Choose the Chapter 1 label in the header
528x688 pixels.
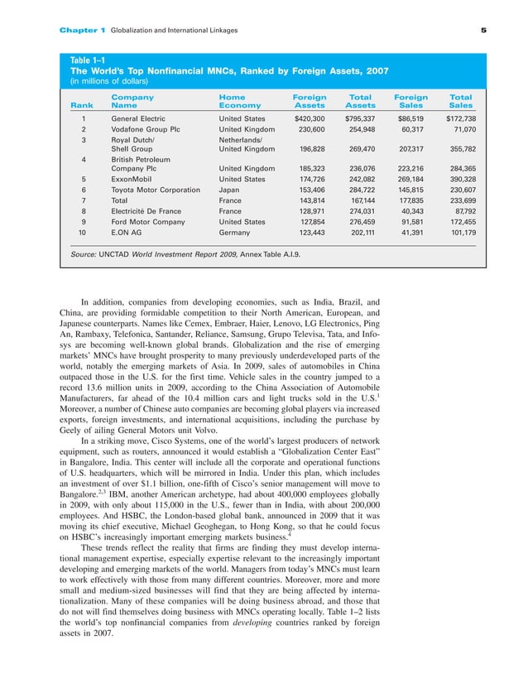(83, 31)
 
